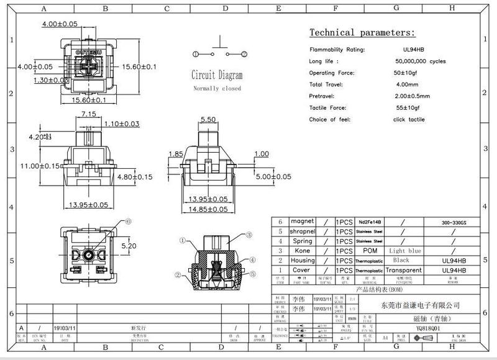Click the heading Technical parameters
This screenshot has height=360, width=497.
click(362, 33)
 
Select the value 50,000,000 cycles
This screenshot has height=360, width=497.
click(420, 61)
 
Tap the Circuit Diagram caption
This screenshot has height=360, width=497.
click(217, 76)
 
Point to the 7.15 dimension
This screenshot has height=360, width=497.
click(88, 115)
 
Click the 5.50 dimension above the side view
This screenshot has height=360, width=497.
click(208, 119)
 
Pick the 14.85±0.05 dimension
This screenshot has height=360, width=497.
click(208, 209)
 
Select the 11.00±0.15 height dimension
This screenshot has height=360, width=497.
click(41, 166)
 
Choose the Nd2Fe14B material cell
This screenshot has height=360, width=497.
click(369, 222)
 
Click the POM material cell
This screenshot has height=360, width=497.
click(369, 250)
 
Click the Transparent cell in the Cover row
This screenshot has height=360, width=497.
click(403, 271)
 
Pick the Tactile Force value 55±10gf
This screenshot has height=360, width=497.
click(406, 108)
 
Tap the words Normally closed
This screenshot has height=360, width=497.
click(217, 89)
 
